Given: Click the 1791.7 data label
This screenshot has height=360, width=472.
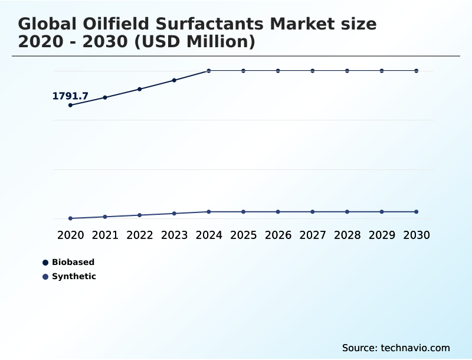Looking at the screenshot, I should pyautogui.click(x=70, y=96).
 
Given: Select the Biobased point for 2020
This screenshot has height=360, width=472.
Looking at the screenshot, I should pyautogui.click(x=70, y=105).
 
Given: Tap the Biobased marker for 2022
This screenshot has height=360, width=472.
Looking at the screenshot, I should pyautogui.click(x=140, y=89).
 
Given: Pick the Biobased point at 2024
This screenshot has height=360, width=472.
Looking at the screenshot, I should pyautogui.click(x=209, y=71).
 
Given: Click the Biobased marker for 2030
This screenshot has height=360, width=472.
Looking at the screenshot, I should pyautogui.click(x=417, y=71).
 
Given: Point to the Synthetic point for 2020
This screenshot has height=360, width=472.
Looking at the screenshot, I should pyautogui.click(x=70, y=218).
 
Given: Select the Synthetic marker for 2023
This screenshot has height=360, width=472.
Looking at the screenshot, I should pyautogui.click(x=174, y=213).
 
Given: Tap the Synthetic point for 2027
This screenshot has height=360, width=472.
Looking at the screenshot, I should pyautogui.click(x=313, y=211).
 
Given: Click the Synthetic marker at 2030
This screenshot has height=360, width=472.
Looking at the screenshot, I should pyautogui.click(x=417, y=211).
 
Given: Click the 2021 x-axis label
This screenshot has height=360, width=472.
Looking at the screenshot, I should pyautogui.click(x=105, y=235).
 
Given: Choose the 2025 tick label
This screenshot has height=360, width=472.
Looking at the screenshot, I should pyautogui.click(x=244, y=235).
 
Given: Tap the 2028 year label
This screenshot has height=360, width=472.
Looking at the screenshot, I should pyautogui.click(x=347, y=235).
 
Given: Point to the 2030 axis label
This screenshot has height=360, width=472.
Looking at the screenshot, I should pyautogui.click(x=417, y=235).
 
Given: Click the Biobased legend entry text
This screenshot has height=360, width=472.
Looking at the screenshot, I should pyautogui.click(x=73, y=262).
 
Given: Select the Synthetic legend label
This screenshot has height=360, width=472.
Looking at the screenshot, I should pyautogui.click(x=74, y=276).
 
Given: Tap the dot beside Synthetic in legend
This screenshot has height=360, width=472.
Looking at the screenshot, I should pyautogui.click(x=45, y=276).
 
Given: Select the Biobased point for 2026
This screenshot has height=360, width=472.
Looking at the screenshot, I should pyautogui.click(x=278, y=71).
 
